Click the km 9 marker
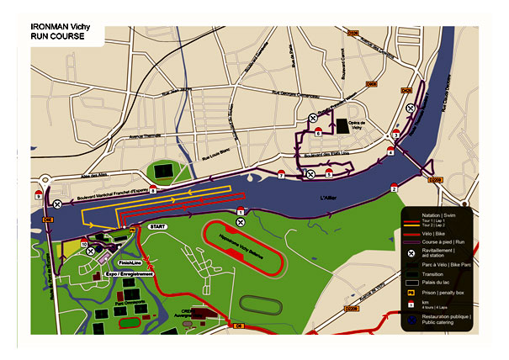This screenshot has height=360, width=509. (x=38, y=195)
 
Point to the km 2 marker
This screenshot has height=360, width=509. (x=394, y=188)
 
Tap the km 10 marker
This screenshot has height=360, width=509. (x=84, y=242)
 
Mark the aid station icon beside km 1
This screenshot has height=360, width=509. (x=241, y=223)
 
